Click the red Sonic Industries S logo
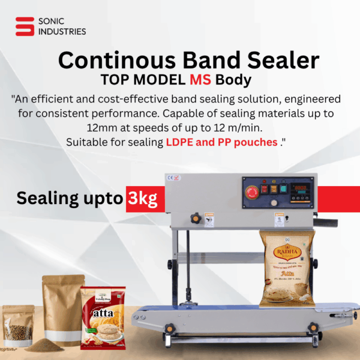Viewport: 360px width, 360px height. [x=25, y=27]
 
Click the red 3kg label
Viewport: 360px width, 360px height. [x=142, y=199]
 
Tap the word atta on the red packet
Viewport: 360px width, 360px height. [x=103, y=313]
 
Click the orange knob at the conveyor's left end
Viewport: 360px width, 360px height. [x=170, y=328]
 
